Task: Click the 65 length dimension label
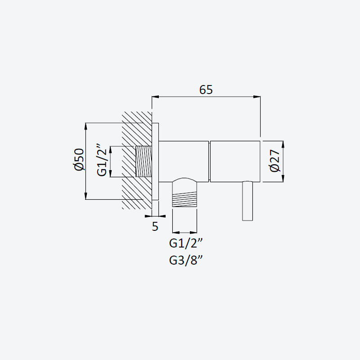pyautogui.click(x=206, y=90)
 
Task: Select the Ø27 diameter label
pyautogui.click(x=275, y=161)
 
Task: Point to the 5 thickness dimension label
pyautogui.click(x=155, y=227)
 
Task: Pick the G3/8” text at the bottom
pyautogui.click(x=186, y=261)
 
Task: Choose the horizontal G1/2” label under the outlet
pyautogui.click(x=186, y=243)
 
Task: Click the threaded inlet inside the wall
pyautogui.click(x=144, y=162)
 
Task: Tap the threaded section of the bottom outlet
pyautogui.click(x=184, y=199)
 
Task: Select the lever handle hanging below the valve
pyautogui.click(x=247, y=201)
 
